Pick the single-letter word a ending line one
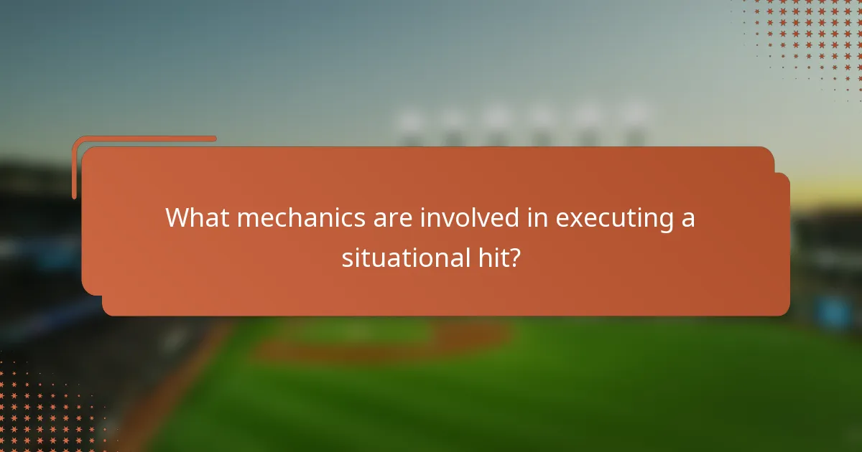pyautogui.click(x=688, y=219)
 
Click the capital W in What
pyautogui.click(x=177, y=217)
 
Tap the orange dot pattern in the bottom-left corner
pyautogui.click(x=43, y=409)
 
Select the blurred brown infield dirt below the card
pyautogui.click(x=381, y=344)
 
